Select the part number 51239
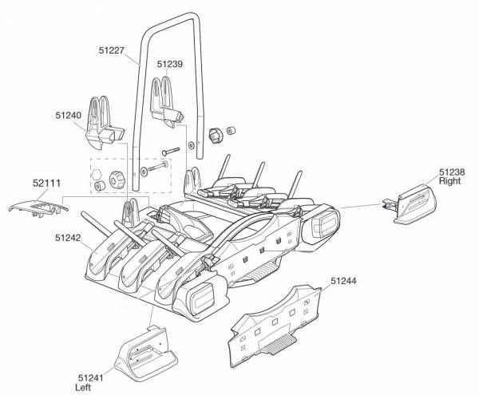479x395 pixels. (x=170, y=64)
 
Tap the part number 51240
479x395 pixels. (x=69, y=115)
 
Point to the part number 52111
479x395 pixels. (x=46, y=183)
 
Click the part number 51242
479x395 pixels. (x=68, y=237)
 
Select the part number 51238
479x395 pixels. (x=451, y=172)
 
